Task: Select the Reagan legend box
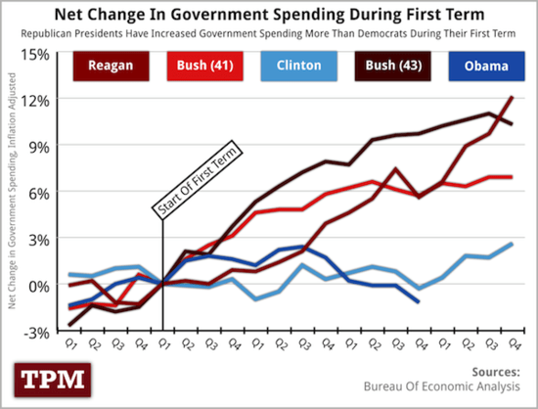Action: coord(104,67)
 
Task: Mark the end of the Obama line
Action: coord(420,301)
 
